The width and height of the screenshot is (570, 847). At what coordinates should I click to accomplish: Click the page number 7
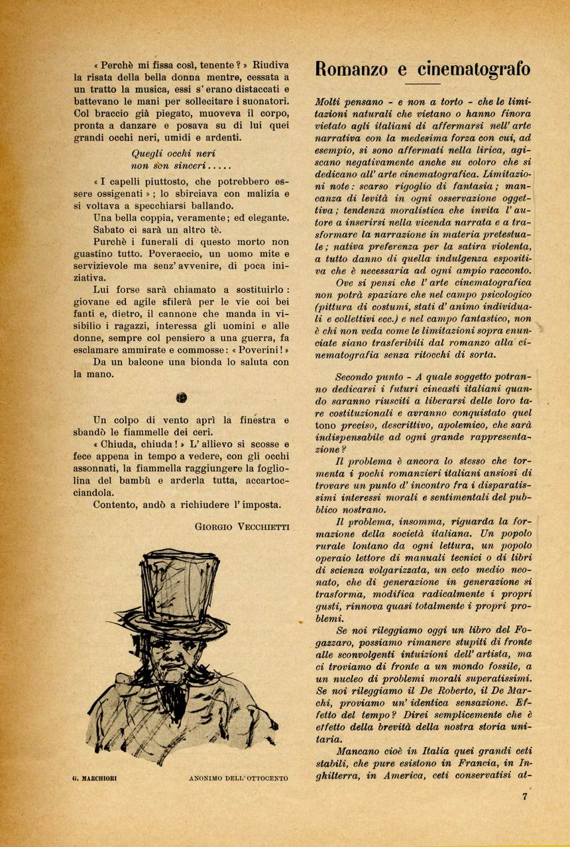524,797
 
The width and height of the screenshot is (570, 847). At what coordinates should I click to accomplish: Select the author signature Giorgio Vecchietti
242,526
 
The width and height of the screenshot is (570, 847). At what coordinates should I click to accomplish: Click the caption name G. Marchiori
95,778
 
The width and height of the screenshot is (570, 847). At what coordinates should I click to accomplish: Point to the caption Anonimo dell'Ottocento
238,778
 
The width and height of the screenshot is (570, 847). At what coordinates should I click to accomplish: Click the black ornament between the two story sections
182,398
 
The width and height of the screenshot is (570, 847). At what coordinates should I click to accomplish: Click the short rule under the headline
422,84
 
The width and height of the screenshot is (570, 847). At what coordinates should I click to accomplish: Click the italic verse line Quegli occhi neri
169,153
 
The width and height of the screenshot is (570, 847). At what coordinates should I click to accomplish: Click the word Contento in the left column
117,505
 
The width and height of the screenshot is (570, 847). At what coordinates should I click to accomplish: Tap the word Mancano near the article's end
358,752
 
